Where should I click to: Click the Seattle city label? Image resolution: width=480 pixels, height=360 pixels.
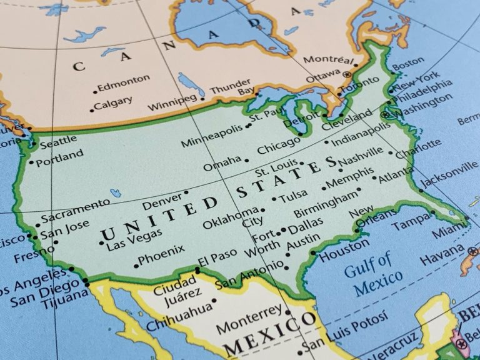pyautogui.click(x=58, y=142)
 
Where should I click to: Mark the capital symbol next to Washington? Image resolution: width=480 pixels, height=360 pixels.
pyautogui.click(x=385, y=114)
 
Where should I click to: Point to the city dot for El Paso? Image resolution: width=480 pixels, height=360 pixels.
pyautogui.click(x=197, y=270)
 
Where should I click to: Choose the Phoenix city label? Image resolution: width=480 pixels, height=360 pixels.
pyautogui.click(x=161, y=255)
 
